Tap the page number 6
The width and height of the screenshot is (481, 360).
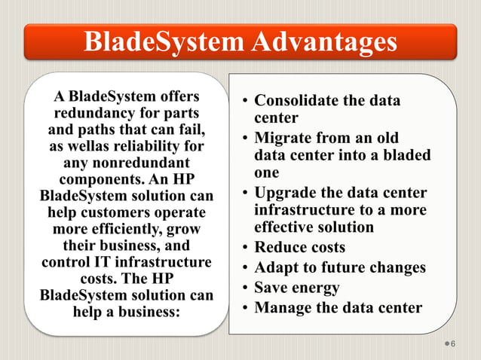point(454,344)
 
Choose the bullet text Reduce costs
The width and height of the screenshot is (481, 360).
point(299,247)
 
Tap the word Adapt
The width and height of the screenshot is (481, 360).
point(274,267)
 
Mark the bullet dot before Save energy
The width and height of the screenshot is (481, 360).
point(245,288)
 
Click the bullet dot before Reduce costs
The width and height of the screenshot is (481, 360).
point(245,248)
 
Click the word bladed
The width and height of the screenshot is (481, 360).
point(407,156)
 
